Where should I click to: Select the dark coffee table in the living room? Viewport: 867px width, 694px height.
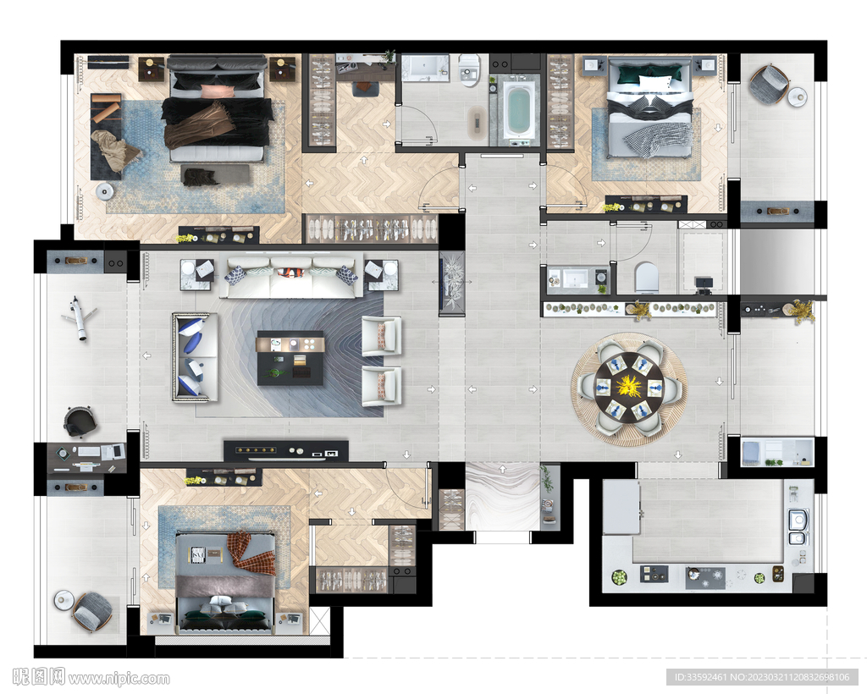[290, 358]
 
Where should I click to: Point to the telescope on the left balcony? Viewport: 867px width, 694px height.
[78, 319]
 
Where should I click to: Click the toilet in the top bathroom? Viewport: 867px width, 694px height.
[469, 71]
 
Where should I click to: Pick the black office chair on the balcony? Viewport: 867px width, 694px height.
[80, 421]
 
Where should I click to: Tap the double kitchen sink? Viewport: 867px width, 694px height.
[796, 527]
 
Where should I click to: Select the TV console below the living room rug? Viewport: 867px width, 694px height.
[286, 451]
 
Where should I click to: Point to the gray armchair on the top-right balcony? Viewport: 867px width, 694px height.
[769, 85]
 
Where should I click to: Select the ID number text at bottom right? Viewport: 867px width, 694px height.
[762, 677]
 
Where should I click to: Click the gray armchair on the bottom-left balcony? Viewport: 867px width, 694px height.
[92, 612]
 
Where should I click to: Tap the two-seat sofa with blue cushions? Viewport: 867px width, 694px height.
[195, 357]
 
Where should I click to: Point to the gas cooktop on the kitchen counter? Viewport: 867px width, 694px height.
[705, 577]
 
